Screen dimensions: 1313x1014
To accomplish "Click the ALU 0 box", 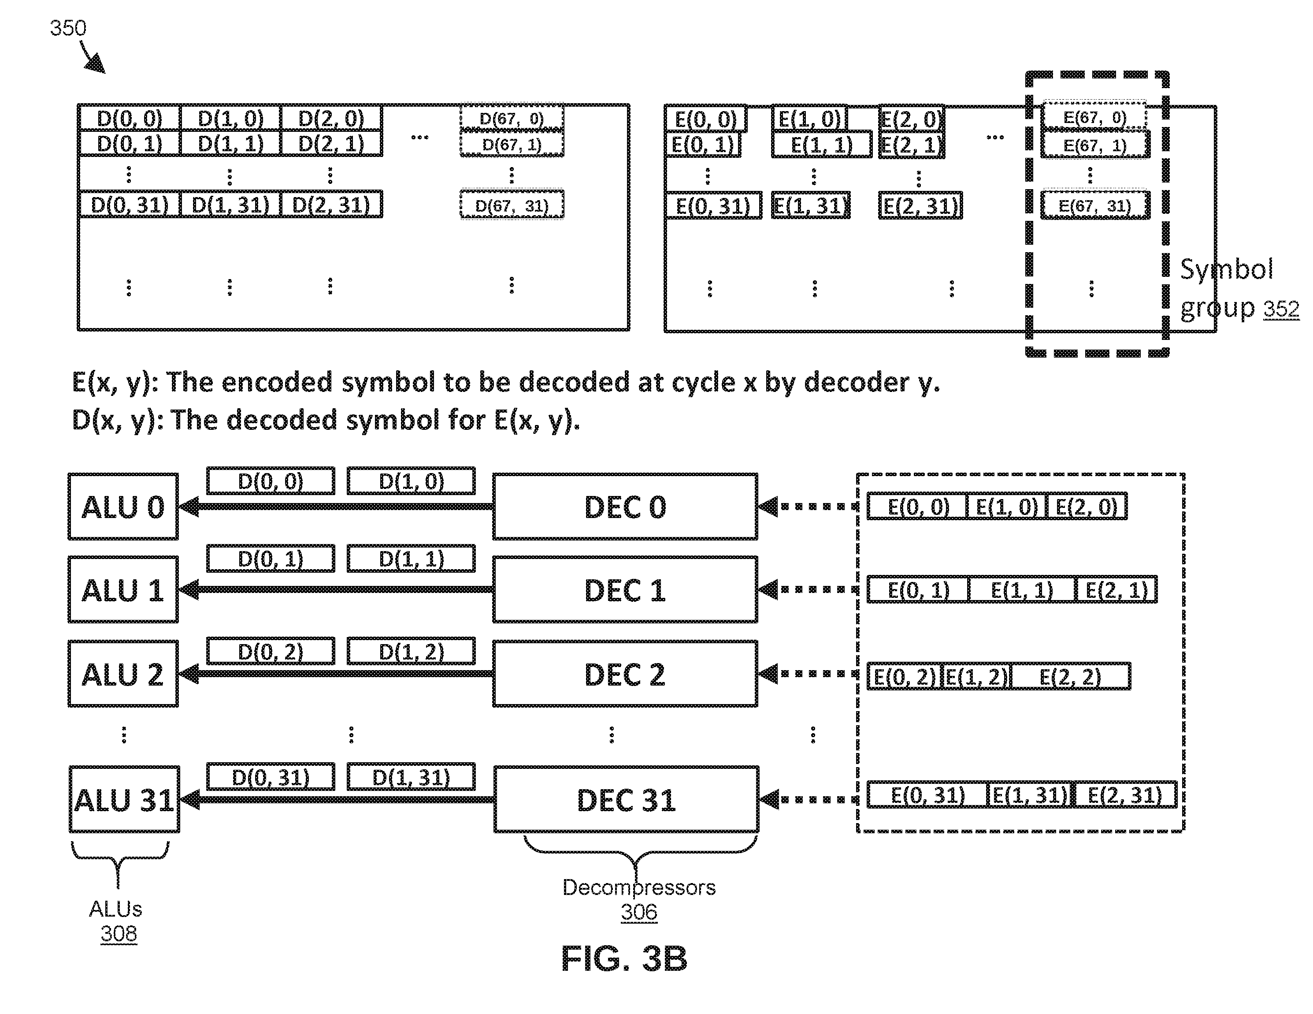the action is point(123,507).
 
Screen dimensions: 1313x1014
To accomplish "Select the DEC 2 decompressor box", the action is point(625,674).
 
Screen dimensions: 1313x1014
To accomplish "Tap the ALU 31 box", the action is point(124,799).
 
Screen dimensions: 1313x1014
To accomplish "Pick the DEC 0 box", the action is point(625,507).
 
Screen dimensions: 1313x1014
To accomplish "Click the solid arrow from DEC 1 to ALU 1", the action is point(336,590).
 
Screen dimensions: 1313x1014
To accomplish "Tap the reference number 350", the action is point(68,28).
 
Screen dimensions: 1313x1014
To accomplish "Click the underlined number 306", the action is point(639,912).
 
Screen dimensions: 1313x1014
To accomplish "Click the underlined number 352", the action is point(1281,309).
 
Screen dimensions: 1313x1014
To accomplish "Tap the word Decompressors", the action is point(639,888).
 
